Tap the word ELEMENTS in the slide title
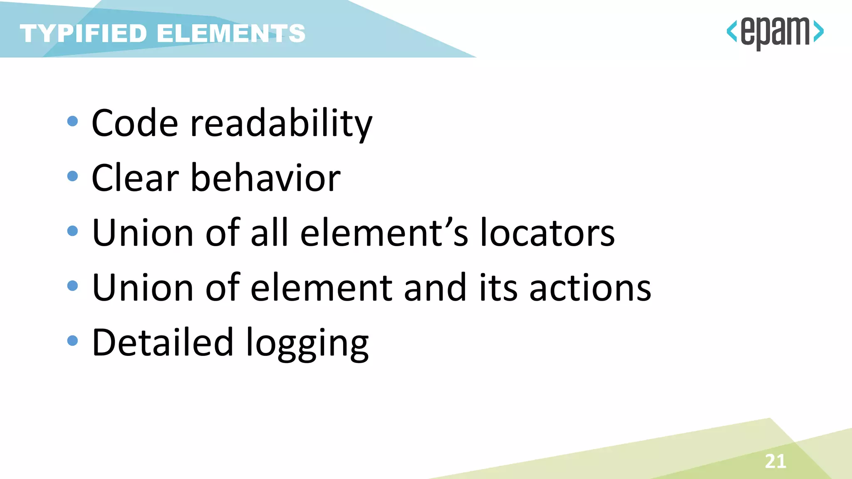[x=231, y=33]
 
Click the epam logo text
[x=775, y=32]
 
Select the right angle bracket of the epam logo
[x=818, y=32]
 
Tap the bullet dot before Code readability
[x=72, y=121]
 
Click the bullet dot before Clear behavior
[x=72, y=176]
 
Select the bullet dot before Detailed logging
[x=72, y=341]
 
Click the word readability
[x=281, y=123]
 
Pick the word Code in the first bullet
[x=135, y=123]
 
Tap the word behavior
[x=265, y=178]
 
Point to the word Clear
[x=135, y=178]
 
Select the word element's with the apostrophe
[x=384, y=233]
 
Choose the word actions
[x=590, y=288]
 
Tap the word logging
[x=307, y=344]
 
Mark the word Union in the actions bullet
[x=143, y=288]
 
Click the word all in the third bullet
[x=269, y=233]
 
